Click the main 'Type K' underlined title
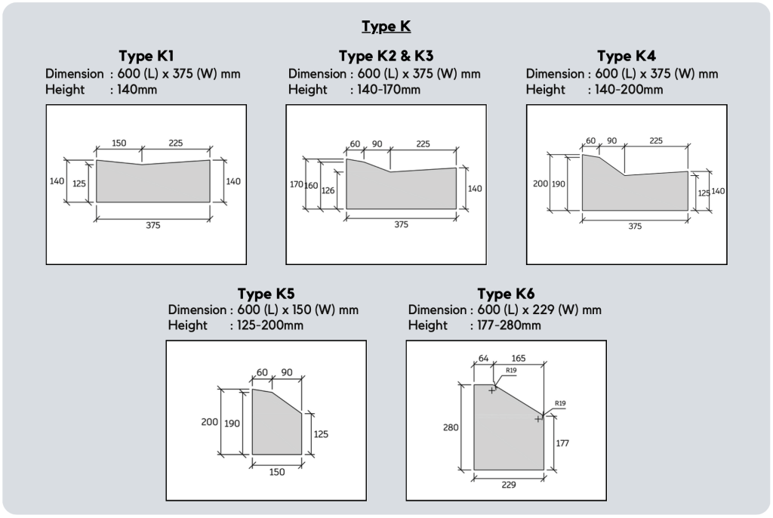pos(386,26)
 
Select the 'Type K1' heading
pos(146,56)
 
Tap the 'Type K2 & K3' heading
pos(386,56)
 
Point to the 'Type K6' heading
pos(506,294)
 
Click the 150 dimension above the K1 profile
pos(119,143)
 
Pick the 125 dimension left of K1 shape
pos(79,183)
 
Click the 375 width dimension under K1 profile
pos(152,225)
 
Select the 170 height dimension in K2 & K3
pos(296,184)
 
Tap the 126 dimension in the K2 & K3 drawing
pos(328,190)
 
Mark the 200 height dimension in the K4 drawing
pos(540,183)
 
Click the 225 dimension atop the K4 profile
pos(656,140)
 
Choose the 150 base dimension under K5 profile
pos(276,472)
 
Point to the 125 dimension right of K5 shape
pos(320,434)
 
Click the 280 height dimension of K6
pos(451,427)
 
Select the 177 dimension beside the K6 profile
pos(562,443)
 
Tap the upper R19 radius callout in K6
pos(511,371)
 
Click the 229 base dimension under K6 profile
pos(509,485)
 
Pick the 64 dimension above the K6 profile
pos(484,358)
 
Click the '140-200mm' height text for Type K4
pos(629,89)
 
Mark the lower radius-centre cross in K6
pos(537,419)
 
